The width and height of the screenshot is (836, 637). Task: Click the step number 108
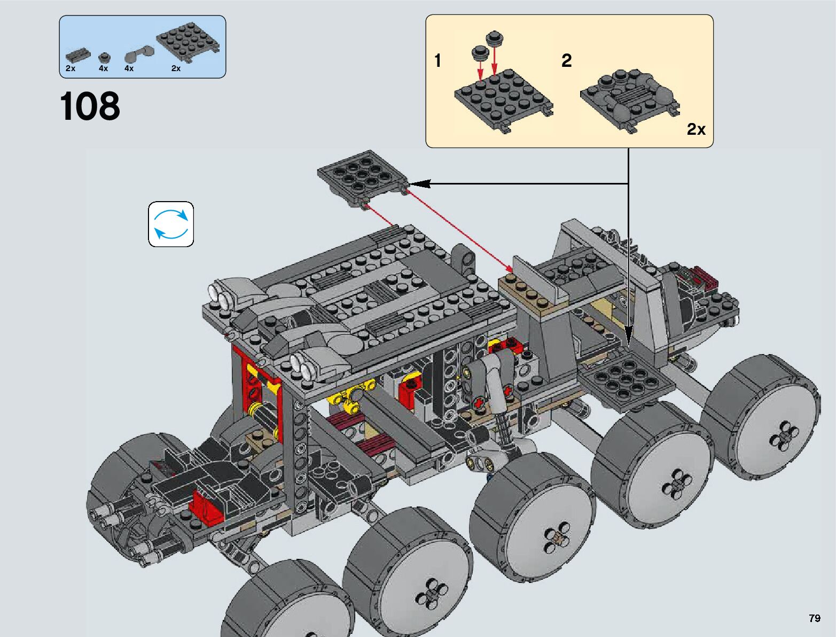coord(90,106)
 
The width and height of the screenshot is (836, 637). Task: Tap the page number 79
coord(815,618)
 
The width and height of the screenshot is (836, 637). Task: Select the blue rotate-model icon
coord(171,224)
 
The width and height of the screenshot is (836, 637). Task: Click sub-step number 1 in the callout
coord(438,60)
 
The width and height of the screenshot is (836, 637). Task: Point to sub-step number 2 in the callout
coord(566,60)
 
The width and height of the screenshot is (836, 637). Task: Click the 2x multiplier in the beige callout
coord(696,129)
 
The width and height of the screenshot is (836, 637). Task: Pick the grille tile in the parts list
coord(77,56)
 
